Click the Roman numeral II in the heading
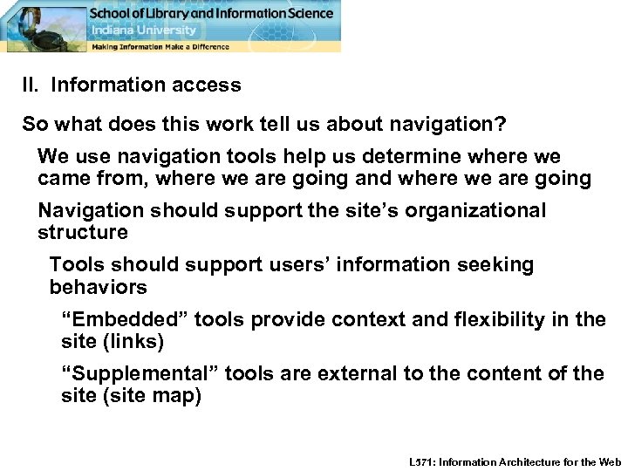pos(31,85)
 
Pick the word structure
pos(83,233)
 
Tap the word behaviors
pos(99,287)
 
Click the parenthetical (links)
pos(137,342)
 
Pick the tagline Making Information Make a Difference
pos(161,46)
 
